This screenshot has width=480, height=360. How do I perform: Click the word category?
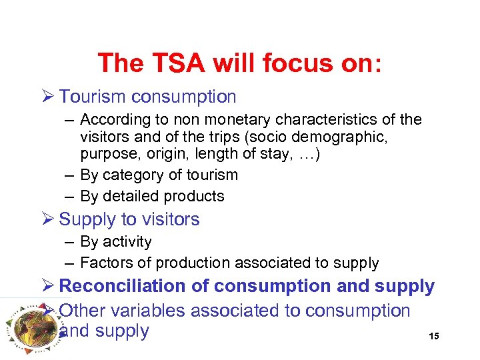pos(132,175)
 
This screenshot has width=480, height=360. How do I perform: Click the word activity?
pos(127,242)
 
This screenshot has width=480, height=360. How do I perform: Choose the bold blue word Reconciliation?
pos(133,287)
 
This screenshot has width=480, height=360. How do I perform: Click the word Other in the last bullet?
pos(82,311)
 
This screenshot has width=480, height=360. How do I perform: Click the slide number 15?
pos(434,336)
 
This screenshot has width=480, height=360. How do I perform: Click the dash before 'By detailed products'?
pos(69,196)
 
